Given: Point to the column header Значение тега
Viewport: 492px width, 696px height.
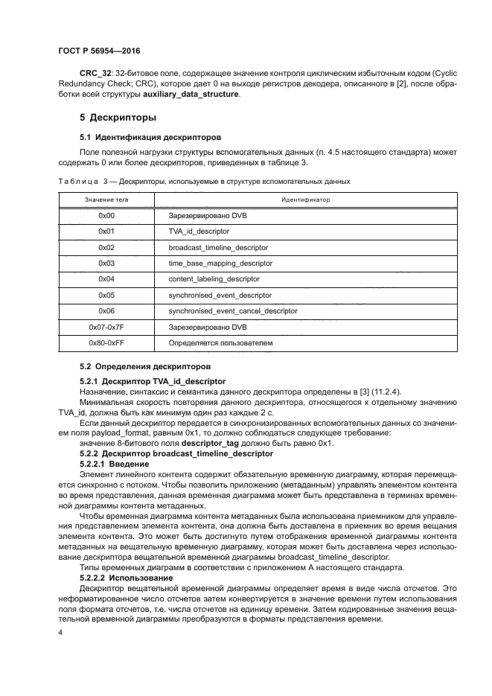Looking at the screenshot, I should (x=106, y=199).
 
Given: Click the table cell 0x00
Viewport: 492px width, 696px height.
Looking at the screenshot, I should (x=106, y=215).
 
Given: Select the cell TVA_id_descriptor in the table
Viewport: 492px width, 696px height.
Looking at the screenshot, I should (x=198, y=232).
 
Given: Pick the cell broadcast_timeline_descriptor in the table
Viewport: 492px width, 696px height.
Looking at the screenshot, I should (x=218, y=247).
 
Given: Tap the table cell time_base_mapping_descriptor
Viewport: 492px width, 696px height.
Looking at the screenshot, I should (x=220, y=263).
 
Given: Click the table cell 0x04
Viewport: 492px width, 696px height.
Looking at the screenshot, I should (x=106, y=279).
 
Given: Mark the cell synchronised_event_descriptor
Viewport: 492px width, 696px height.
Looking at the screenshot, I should (x=219, y=295).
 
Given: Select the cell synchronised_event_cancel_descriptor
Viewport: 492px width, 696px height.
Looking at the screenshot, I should (x=232, y=310).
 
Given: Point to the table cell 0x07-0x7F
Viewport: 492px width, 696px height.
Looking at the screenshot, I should (x=106, y=327).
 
